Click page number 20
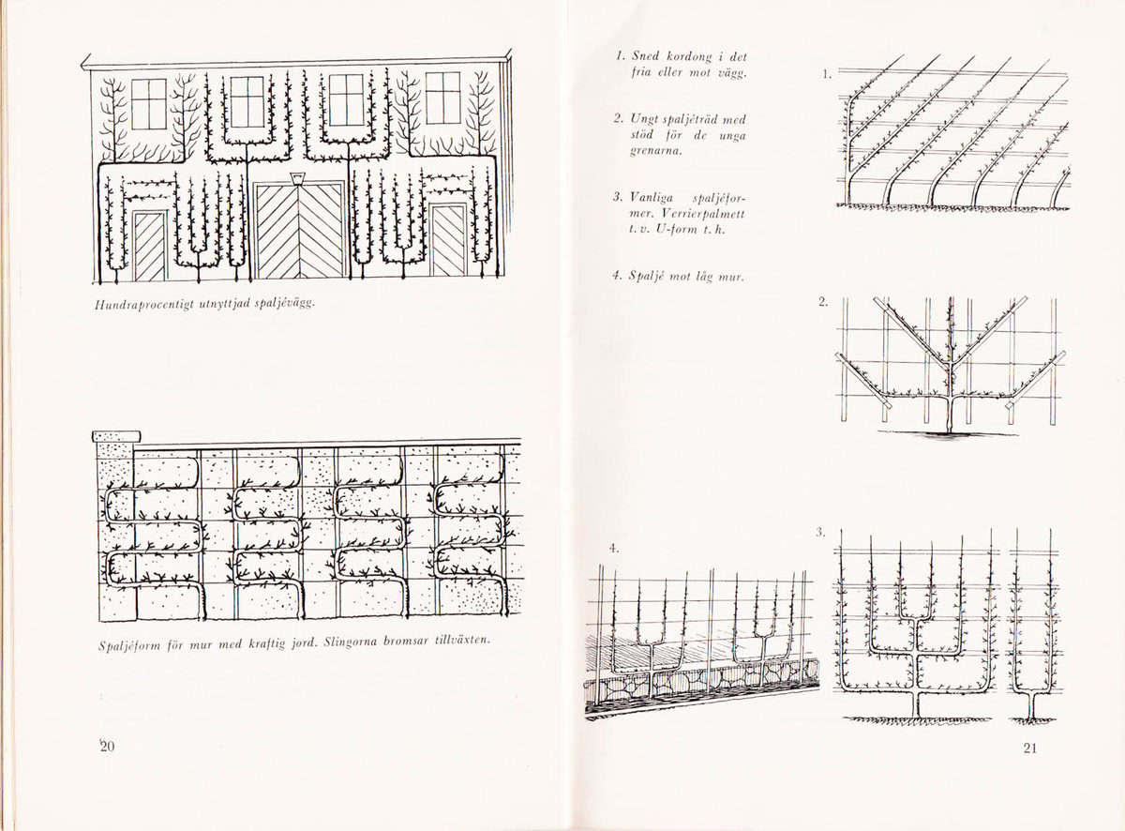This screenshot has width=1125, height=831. [107, 747]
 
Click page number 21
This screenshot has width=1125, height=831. [1029, 748]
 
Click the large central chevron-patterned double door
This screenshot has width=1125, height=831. [300, 231]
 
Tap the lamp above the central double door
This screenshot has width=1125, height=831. [299, 179]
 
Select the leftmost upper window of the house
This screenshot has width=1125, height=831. [149, 104]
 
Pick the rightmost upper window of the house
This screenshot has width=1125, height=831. [442, 98]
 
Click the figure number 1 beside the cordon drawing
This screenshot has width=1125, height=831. [826, 75]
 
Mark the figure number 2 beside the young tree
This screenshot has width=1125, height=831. [823, 302]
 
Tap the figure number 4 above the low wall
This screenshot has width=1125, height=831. [614, 549]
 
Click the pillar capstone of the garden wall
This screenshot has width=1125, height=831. [116, 436]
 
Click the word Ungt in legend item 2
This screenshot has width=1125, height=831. [643, 120]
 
